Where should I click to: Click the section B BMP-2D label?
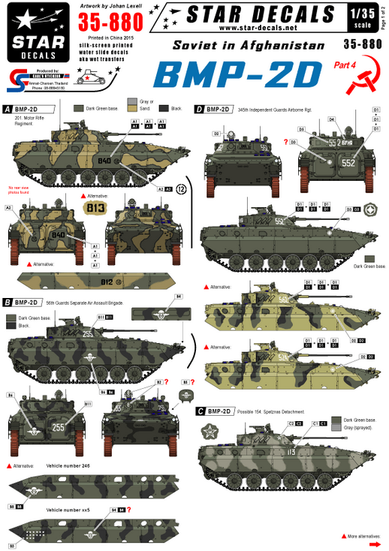pyautogui.click(x=24, y=302)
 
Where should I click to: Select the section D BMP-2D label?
pyautogui.click(x=215, y=109)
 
